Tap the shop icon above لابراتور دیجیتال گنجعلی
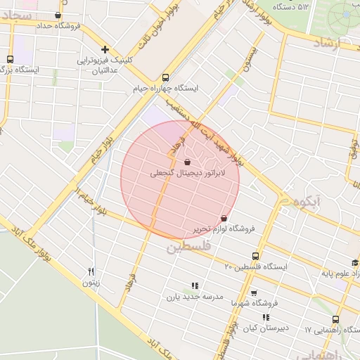click(186, 162)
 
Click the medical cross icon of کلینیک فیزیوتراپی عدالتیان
click(105, 49)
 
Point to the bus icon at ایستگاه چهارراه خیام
click(165, 78)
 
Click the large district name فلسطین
click(188, 247)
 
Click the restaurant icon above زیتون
click(91, 272)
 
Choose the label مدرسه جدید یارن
click(195, 297)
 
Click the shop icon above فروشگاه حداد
click(57, 15)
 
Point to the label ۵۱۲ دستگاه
click(293, 7)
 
